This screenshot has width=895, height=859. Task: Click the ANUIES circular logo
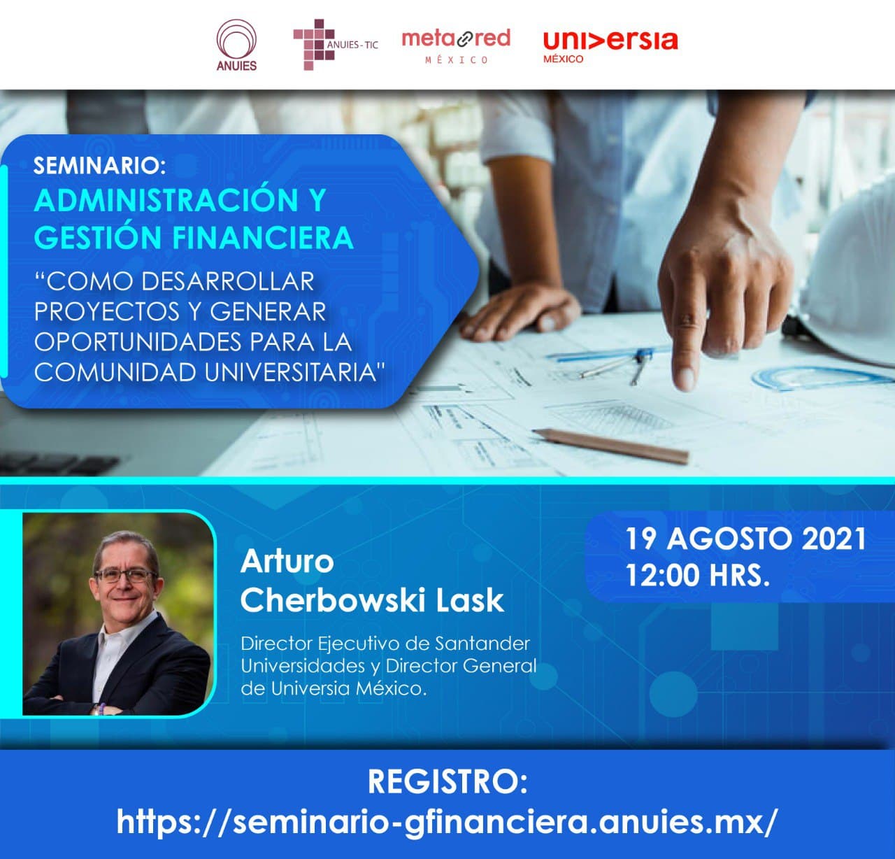236,45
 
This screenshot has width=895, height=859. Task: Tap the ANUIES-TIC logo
336,45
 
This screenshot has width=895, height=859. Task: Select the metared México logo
456,46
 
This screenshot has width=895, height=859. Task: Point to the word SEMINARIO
99,166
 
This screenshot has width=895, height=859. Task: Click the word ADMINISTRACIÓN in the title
166,200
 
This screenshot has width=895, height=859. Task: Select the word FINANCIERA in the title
263,238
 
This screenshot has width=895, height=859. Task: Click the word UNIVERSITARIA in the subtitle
294,372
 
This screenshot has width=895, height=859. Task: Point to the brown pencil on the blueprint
611,446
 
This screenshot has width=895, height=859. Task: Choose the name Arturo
287,561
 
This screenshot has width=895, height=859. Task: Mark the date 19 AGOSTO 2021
746,539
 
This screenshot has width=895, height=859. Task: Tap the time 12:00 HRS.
698,575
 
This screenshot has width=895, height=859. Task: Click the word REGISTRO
447,781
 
